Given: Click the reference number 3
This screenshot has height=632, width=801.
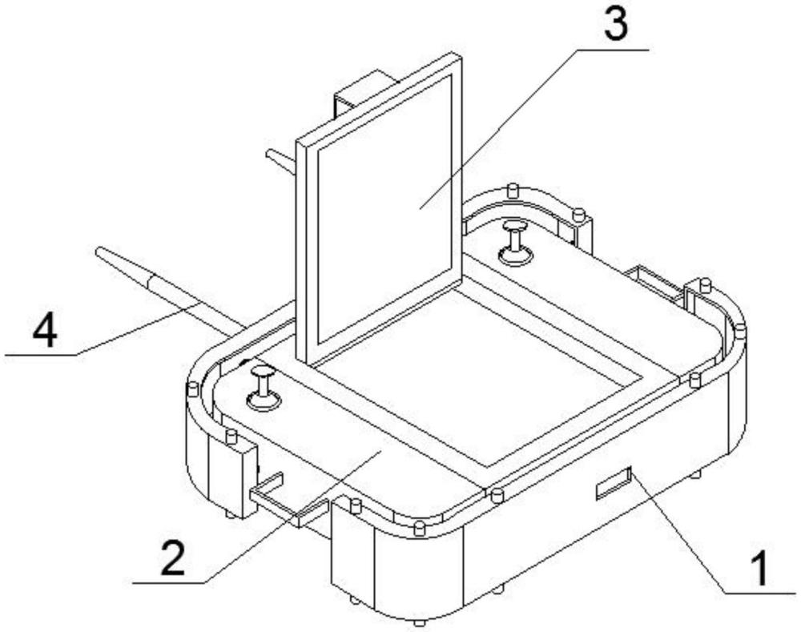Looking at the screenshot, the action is coord(616,25).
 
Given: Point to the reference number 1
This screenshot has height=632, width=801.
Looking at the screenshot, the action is coord(761,569).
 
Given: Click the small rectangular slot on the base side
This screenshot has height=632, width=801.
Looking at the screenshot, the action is coord(614,482).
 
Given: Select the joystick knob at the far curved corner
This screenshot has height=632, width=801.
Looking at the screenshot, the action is coord(515,242).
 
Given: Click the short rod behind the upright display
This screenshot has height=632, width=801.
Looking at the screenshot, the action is coord(280,161).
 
